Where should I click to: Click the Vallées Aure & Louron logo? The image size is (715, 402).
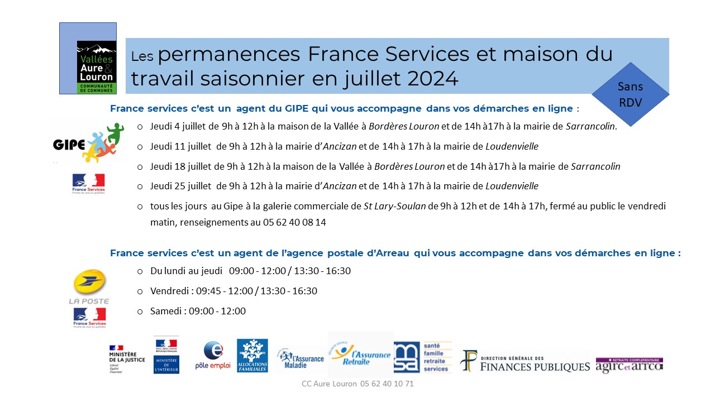coord(96,67)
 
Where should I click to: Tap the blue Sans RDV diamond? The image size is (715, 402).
coord(630,94)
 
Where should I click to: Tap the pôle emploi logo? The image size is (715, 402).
coord(212,356)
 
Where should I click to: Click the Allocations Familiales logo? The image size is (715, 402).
coord(252,356)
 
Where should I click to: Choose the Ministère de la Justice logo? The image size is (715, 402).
coord(127,355)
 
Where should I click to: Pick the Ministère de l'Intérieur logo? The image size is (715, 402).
coord(166,356)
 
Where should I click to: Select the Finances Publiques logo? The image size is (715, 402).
coord(525,362)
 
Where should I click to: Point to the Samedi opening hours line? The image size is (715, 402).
coord(198,311)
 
